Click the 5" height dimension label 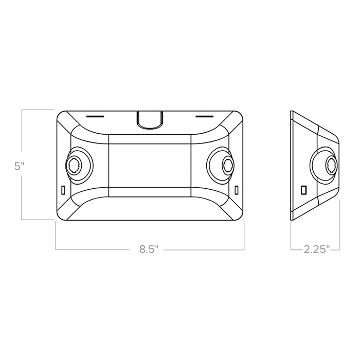[x=20, y=166]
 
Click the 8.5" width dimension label [x=149, y=249]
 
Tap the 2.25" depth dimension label [x=317, y=249]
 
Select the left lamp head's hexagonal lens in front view [x=73, y=165]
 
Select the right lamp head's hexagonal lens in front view [x=228, y=165]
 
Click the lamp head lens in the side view [x=332, y=165]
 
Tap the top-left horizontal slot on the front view [x=95, y=116]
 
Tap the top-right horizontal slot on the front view [x=205, y=116]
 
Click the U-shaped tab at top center [x=150, y=119]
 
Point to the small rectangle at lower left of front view [x=63, y=190]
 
